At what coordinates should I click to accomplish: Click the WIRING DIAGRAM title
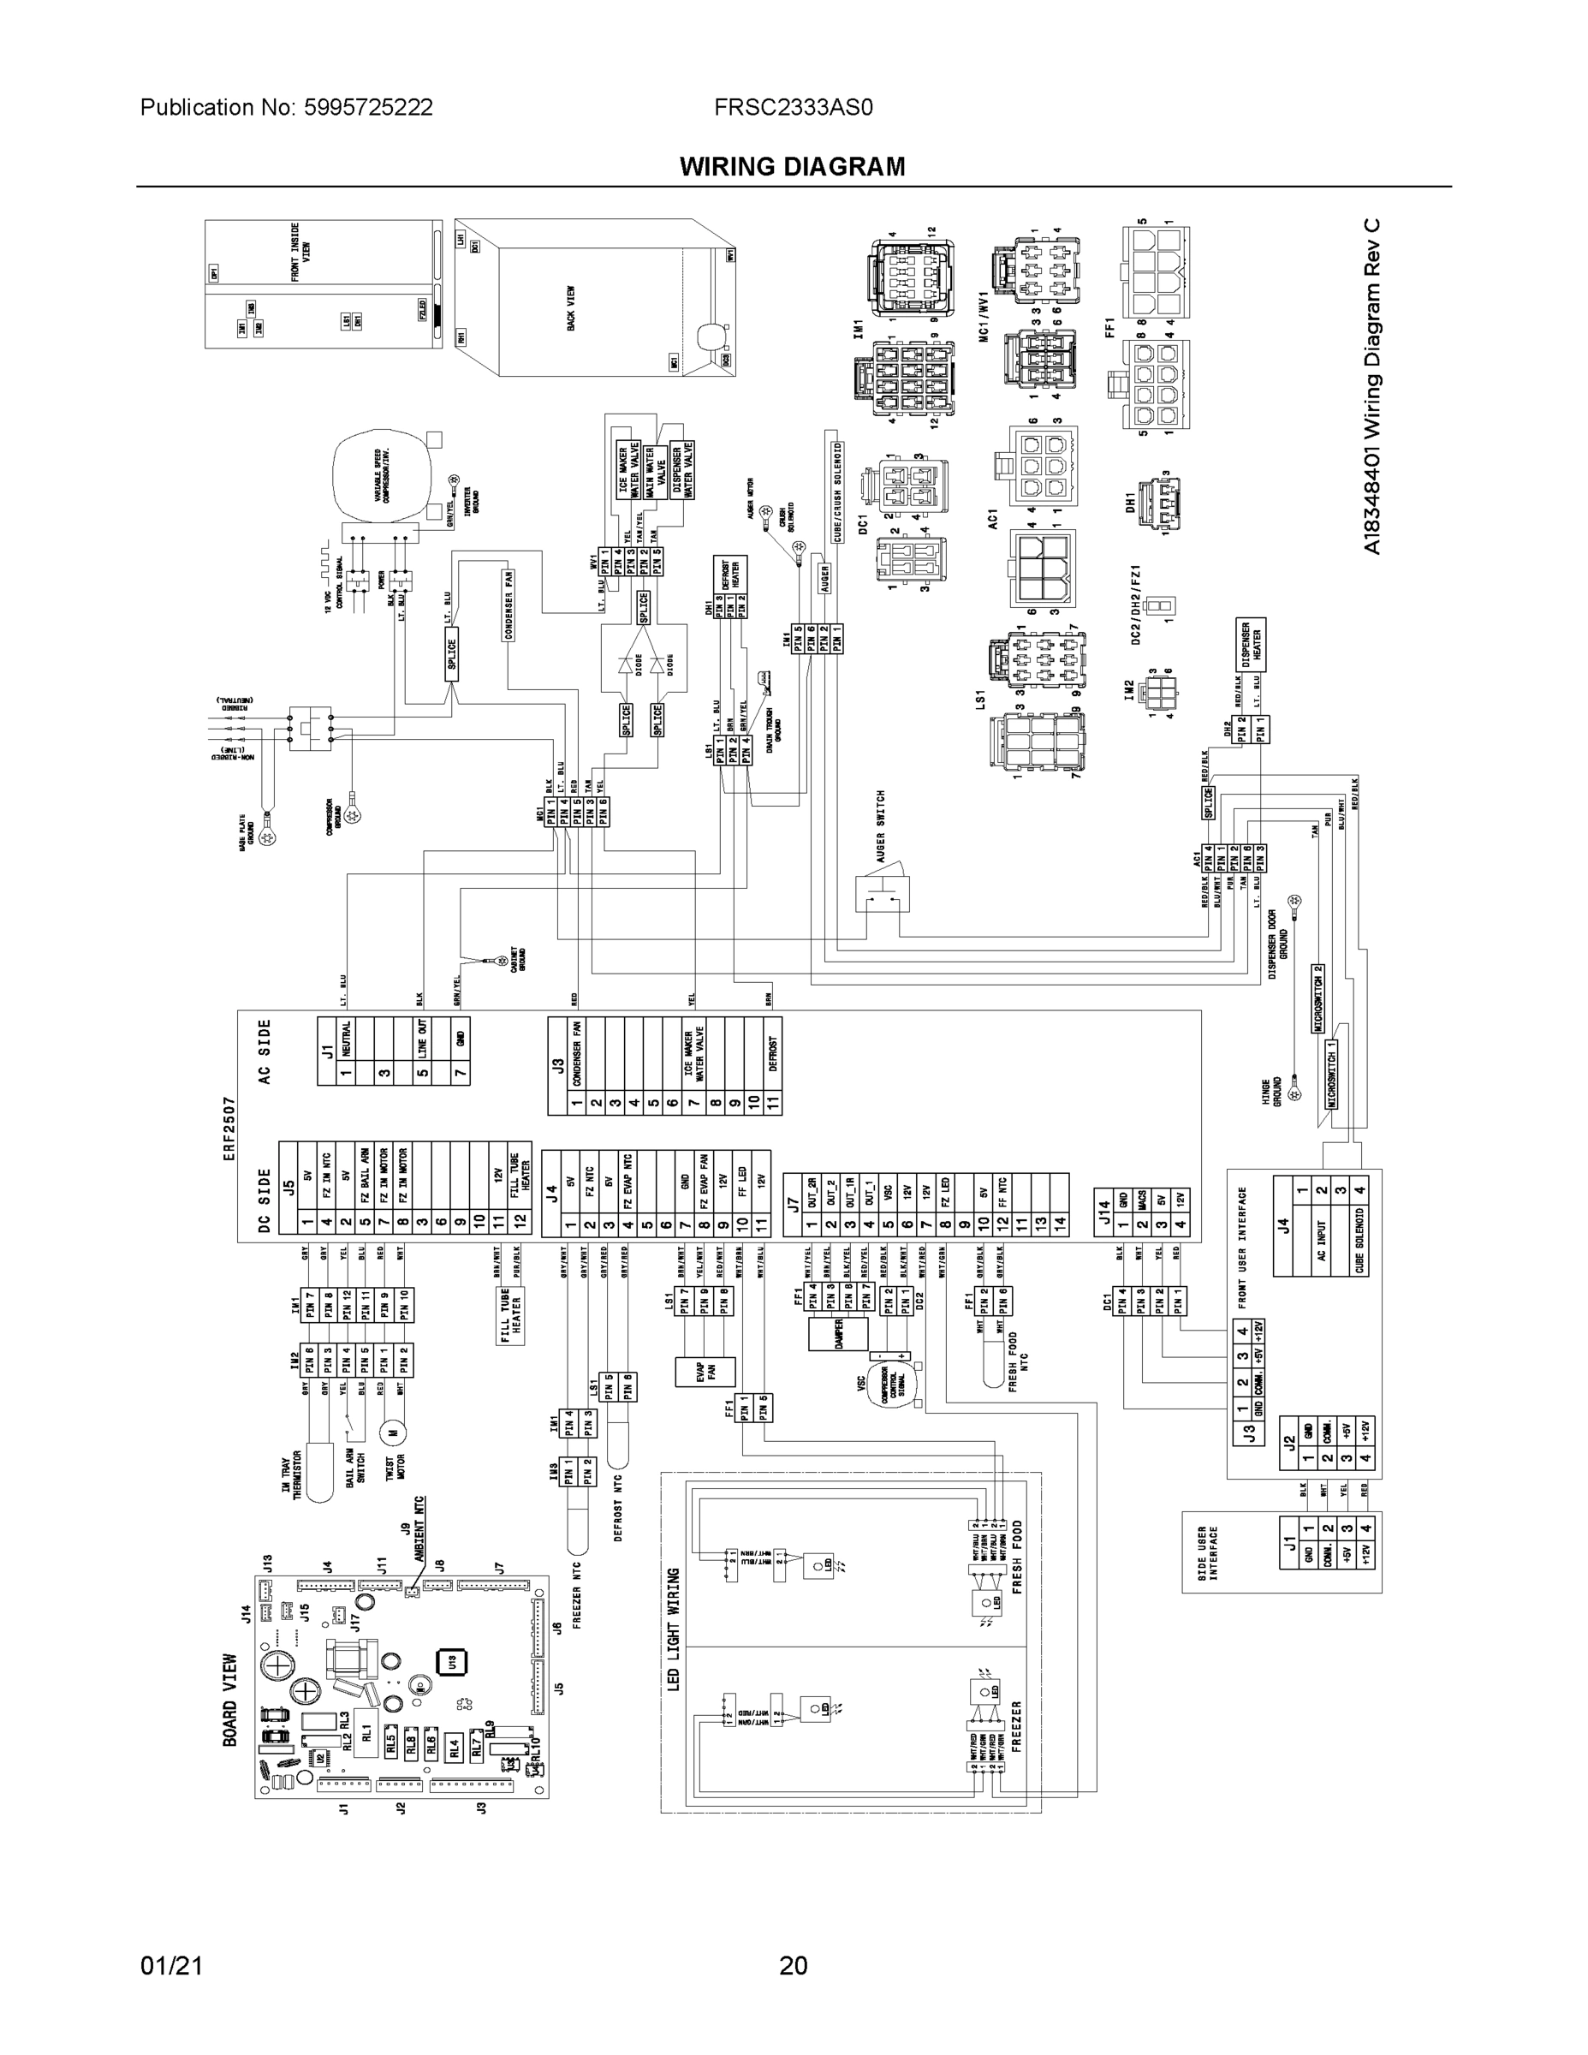coord(792,167)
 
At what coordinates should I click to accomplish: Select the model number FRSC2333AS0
coord(793,107)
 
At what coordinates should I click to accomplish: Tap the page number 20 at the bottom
coord(793,1966)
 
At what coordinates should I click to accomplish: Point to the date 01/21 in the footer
coord(171,1966)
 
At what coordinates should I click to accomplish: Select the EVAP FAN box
coord(705,1372)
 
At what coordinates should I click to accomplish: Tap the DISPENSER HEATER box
coord(1252,644)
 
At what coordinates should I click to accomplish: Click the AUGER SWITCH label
coord(881,826)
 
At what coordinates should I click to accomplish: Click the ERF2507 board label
coord(229,1129)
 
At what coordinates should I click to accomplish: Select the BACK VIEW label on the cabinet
coord(570,308)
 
